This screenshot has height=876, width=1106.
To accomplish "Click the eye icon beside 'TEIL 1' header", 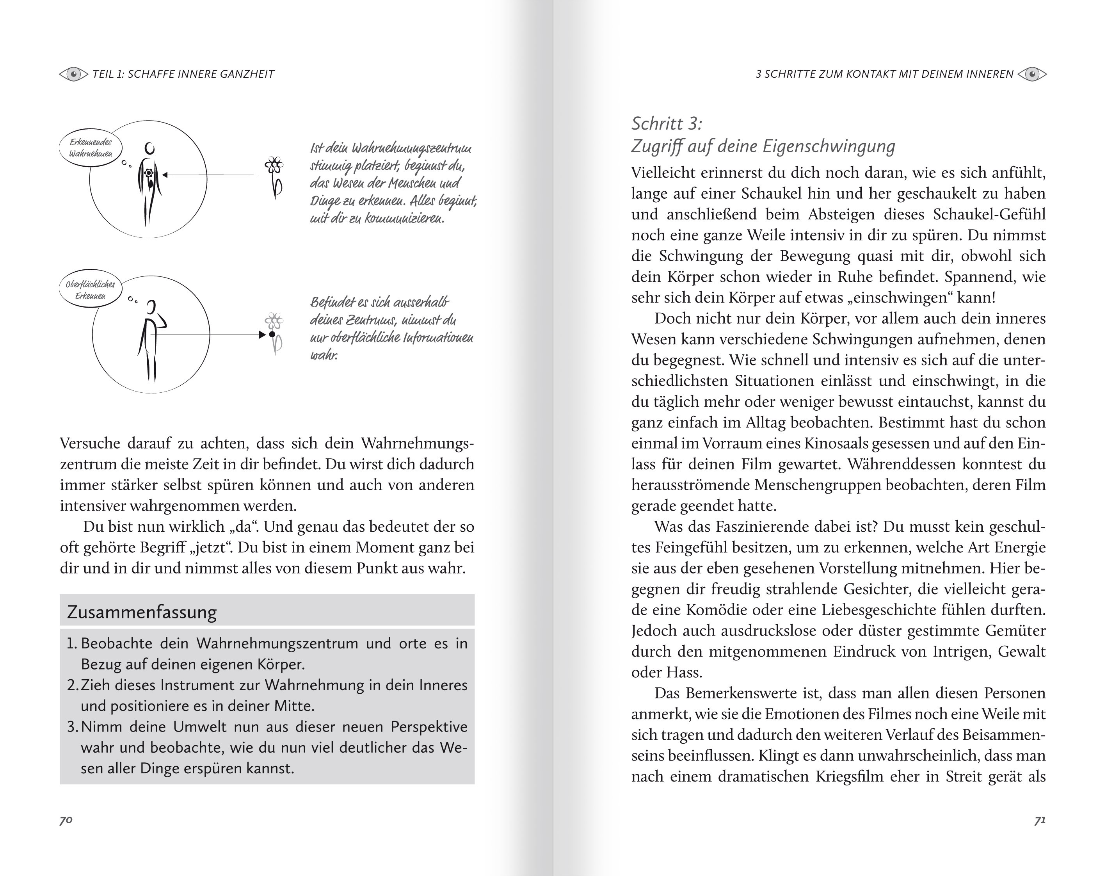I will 74,75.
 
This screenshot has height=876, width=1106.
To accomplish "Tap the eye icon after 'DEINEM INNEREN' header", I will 1032,75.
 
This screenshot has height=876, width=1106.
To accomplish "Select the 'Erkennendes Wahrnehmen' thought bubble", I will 91,148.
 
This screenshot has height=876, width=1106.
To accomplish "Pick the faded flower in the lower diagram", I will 274,332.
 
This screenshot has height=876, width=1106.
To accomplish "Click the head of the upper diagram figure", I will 150,149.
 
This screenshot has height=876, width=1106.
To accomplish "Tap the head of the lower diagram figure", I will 151,307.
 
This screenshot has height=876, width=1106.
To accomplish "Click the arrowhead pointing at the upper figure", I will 165,175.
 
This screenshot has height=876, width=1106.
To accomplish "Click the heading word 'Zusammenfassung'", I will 142,612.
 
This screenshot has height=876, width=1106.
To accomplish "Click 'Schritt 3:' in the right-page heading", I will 667,124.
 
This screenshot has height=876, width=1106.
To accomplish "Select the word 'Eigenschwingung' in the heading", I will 829,146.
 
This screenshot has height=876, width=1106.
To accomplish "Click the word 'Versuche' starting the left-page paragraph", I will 90,443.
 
